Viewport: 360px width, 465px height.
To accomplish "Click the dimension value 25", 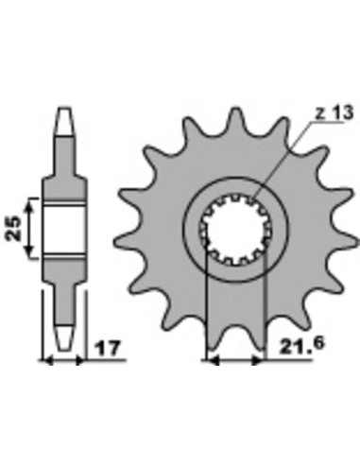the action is pos(13,228).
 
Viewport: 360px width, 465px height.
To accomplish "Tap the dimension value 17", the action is pos(108,348).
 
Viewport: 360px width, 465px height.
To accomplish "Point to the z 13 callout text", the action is pos(334,113).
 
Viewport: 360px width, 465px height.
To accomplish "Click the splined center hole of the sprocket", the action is pos(235,229).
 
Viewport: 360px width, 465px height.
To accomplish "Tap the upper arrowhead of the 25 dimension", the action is pos(29,206).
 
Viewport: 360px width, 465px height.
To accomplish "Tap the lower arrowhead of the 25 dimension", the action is pos(29,250).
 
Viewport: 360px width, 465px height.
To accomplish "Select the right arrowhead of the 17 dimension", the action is pos(79,360).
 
